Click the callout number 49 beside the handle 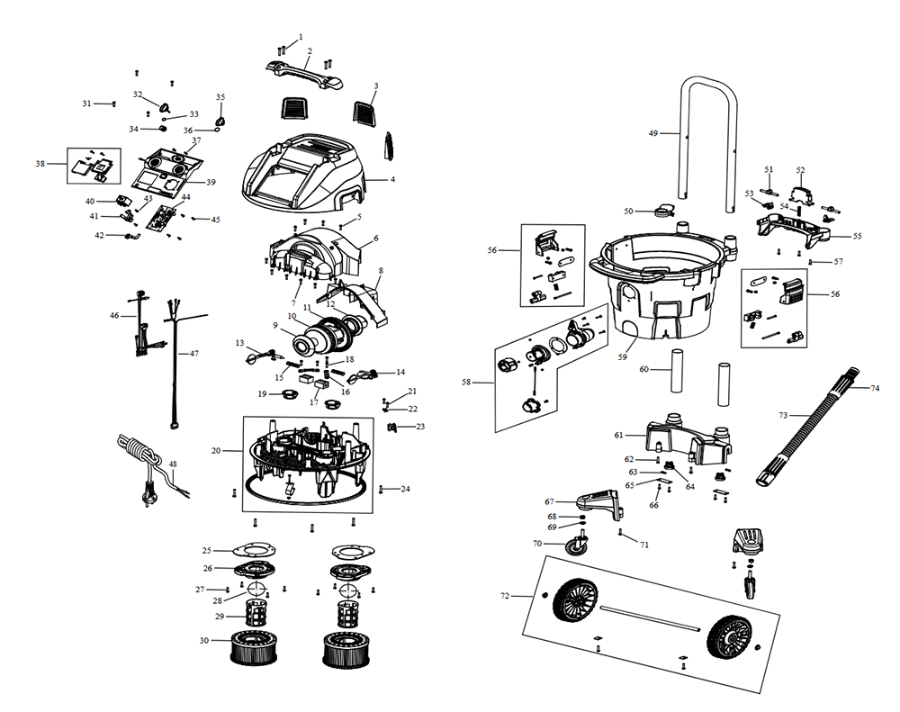click(x=653, y=133)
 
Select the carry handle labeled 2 click(x=306, y=71)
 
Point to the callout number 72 click(x=505, y=596)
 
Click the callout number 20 click(x=216, y=450)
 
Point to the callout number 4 click(x=392, y=179)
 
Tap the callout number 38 click(x=40, y=164)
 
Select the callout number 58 click(x=466, y=383)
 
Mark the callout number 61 click(x=618, y=435)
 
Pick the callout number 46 click(x=114, y=316)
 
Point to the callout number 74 click(x=875, y=388)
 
